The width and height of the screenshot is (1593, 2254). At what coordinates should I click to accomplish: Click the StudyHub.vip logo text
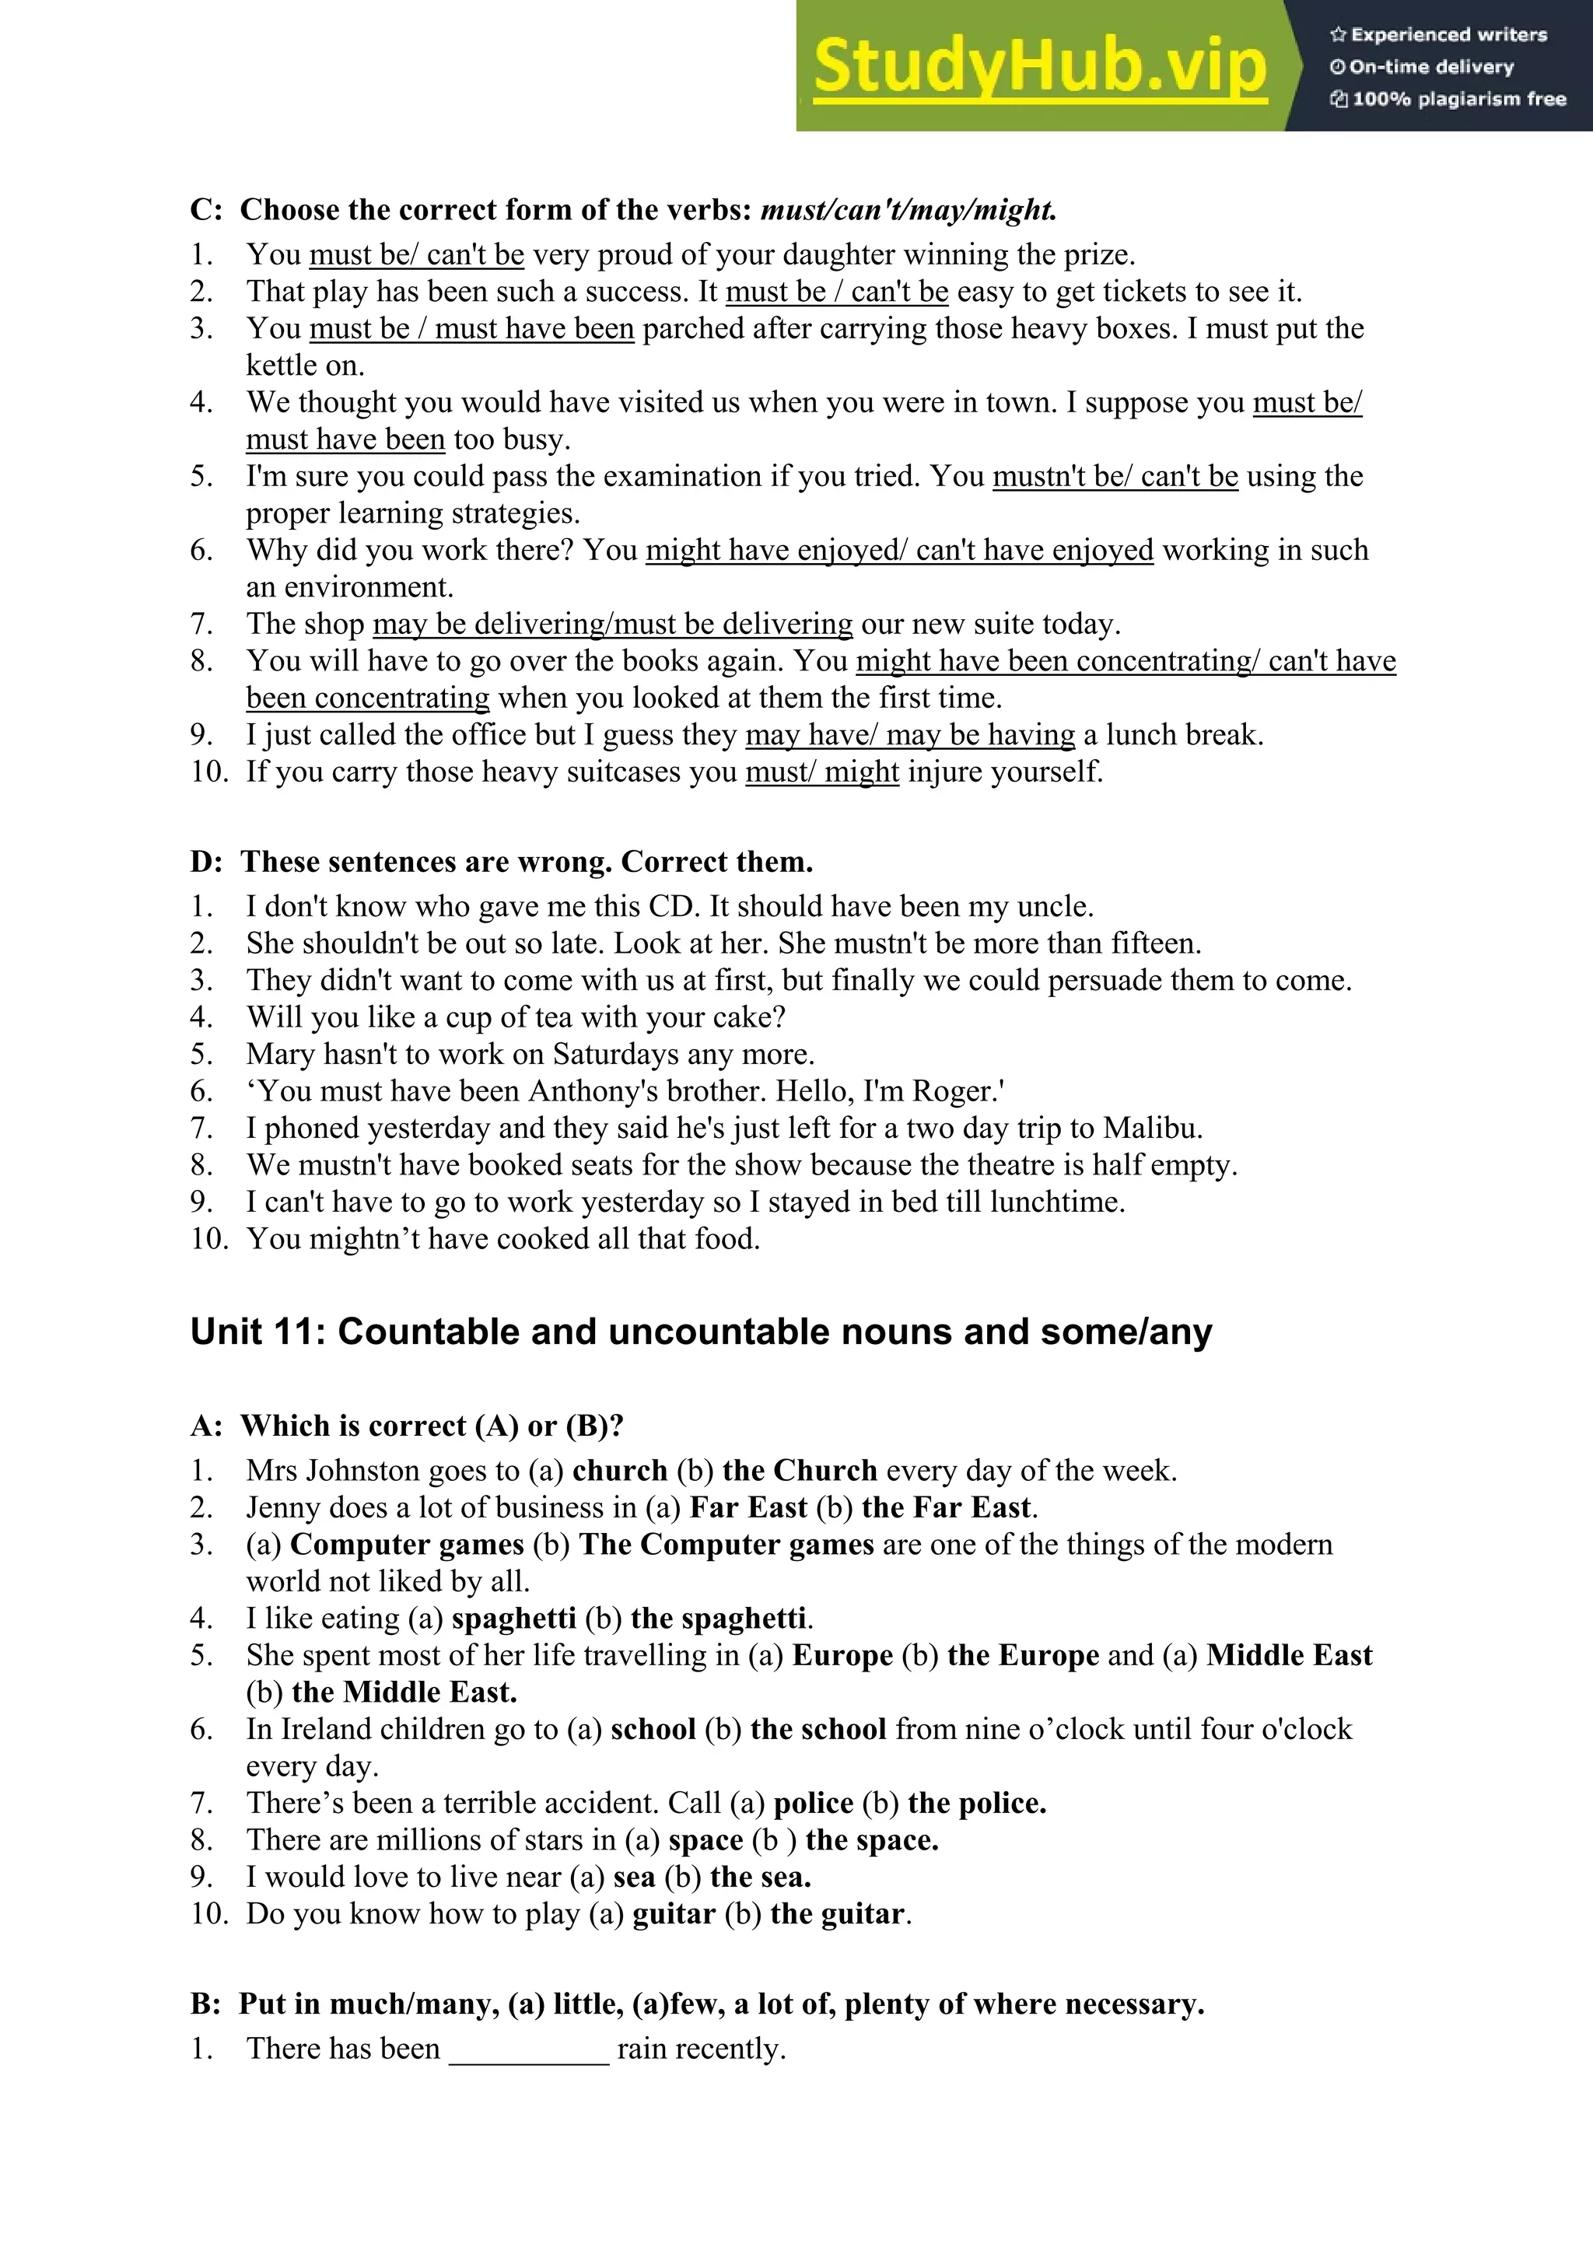1039,66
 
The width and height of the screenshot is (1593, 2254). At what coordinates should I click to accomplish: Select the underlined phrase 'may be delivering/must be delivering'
612,625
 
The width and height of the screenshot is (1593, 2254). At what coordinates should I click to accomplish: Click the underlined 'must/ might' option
821,772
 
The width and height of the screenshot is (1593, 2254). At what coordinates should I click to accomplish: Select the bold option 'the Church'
799,1471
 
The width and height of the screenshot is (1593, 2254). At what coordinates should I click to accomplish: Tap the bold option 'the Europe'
1023,1656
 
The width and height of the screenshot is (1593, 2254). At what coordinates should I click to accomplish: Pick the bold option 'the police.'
977,1804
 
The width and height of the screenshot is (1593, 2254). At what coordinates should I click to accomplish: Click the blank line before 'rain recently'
529,2049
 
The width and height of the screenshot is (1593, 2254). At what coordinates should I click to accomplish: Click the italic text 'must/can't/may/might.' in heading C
909,210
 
